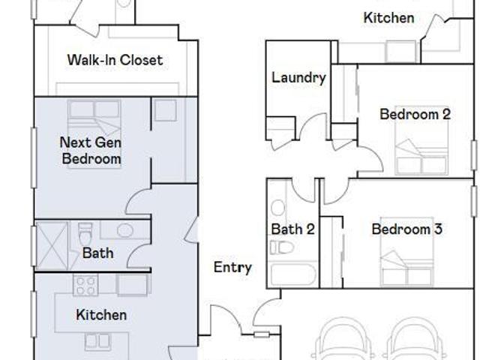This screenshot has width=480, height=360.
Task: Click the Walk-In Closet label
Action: tap(115, 60)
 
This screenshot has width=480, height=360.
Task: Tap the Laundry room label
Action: tap(298, 78)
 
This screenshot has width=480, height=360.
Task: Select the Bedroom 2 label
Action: tap(415, 114)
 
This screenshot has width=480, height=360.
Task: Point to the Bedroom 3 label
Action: tap(406, 229)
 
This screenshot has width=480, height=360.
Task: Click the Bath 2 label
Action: tap(293, 229)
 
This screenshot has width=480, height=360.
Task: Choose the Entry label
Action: tap(232, 267)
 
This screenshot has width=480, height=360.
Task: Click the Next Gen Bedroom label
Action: tap(91, 151)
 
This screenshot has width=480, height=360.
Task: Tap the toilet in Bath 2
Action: tap(282, 247)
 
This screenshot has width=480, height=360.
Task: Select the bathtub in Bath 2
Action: tap(292, 274)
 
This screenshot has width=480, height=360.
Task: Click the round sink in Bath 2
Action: tap(278, 208)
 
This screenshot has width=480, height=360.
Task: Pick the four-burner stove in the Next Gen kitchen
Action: tap(85, 285)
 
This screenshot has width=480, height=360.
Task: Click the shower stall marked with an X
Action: tap(52, 245)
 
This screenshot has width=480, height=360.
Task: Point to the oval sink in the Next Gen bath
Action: tap(125, 230)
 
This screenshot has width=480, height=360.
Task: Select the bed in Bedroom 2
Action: tap(421, 145)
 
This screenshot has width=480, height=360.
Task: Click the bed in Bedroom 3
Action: tap(407, 252)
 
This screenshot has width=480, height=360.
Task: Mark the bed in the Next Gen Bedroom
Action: tap(94, 134)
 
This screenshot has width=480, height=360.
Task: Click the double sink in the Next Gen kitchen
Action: tap(98, 342)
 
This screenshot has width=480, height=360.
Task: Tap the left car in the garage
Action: tap(342, 339)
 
